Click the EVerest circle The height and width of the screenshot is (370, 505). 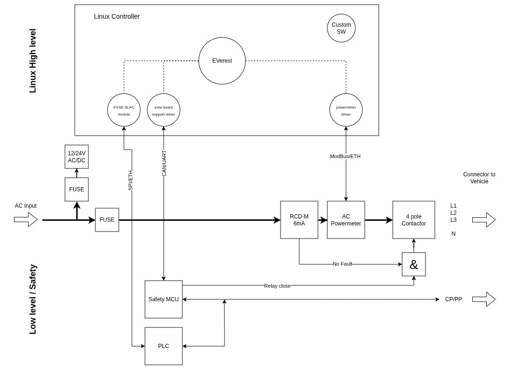point(222,61)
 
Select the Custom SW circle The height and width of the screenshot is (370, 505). point(341,28)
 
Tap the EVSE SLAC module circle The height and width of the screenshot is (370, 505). point(124,110)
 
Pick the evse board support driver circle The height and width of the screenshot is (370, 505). point(164,110)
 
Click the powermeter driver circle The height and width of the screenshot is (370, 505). point(346,110)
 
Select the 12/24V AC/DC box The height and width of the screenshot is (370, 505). point(77,157)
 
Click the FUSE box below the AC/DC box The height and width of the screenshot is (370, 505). point(77,189)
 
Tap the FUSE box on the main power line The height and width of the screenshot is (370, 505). point(107,220)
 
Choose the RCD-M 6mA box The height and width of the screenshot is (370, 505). point(299,220)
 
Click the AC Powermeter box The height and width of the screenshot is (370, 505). point(346,220)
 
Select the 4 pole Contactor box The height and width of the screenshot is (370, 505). point(414,220)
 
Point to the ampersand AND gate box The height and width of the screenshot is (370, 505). point(414,264)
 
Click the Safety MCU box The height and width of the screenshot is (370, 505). point(164,299)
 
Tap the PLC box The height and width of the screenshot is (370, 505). point(164,346)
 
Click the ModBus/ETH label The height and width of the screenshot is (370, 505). point(345,156)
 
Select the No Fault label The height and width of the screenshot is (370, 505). point(342,264)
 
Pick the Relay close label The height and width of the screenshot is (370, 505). point(277,286)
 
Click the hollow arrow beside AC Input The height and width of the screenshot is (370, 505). point(26,219)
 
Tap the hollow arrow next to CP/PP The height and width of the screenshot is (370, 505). point(484,299)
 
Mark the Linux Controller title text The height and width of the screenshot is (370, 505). point(117,16)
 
